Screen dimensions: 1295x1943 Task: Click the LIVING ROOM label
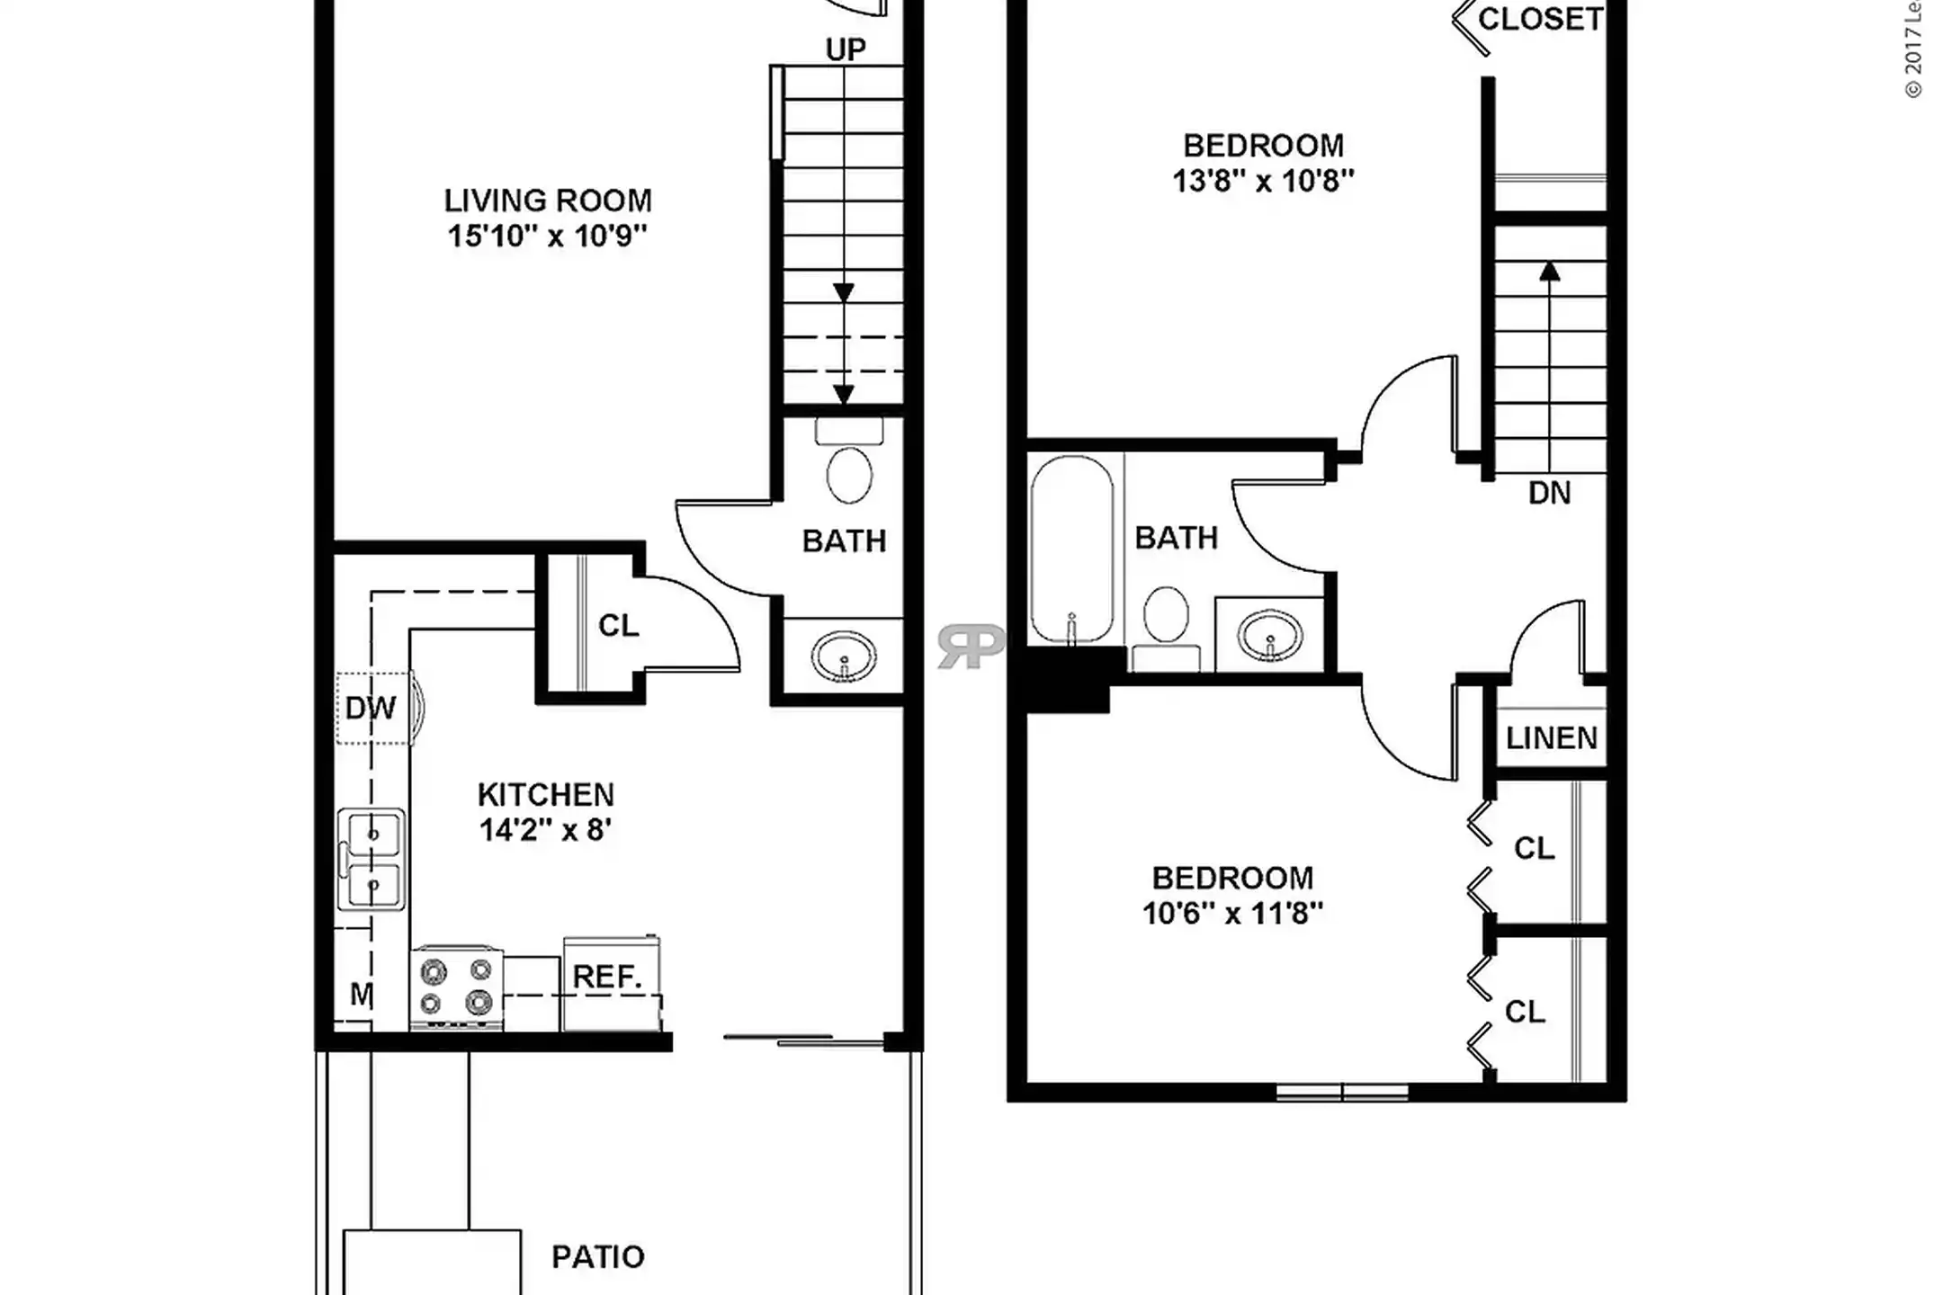tap(547, 200)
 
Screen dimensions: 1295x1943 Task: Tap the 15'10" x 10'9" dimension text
tap(547, 236)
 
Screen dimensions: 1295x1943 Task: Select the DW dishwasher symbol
tap(372, 708)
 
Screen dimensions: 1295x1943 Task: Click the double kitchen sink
tap(372, 859)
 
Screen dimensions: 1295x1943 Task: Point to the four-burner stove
tap(456, 987)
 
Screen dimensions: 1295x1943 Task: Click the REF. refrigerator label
tap(607, 977)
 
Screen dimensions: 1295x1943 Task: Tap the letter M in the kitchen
tap(361, 995)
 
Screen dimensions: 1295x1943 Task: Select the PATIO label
tap(597, 1256)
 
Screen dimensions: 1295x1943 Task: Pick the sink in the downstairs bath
tap(844, 656)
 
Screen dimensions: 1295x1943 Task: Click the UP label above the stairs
tap(846, 49)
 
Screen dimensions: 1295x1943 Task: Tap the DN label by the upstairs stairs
tap(1549, 493)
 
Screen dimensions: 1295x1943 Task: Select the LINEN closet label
tap(1551, 738)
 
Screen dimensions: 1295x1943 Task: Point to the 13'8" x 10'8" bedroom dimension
tap(1262, 181)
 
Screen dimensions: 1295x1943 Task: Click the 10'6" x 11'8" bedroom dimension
tap(1232, 914)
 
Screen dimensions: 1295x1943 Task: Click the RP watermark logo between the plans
tap(971, 646)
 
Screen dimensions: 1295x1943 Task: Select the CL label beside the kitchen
tap(618, 625)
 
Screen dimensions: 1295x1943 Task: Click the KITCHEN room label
tap(545, 794)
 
